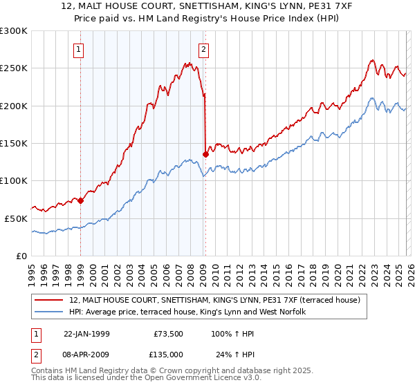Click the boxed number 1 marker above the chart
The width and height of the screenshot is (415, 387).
pyautogui.click(x=80, y=49)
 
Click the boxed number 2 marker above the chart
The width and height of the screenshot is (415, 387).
pyautogui.click(x=205, y=49)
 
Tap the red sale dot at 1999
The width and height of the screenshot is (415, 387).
pyautogui.click(x=80, y=200)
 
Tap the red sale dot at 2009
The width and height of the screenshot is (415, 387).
pyautogui.click(x=205, y=154)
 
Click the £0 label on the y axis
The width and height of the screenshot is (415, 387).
pyautogui.click(x=21, y=256)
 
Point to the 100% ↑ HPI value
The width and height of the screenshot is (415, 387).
pyautogui.click(x=233, y=334)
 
